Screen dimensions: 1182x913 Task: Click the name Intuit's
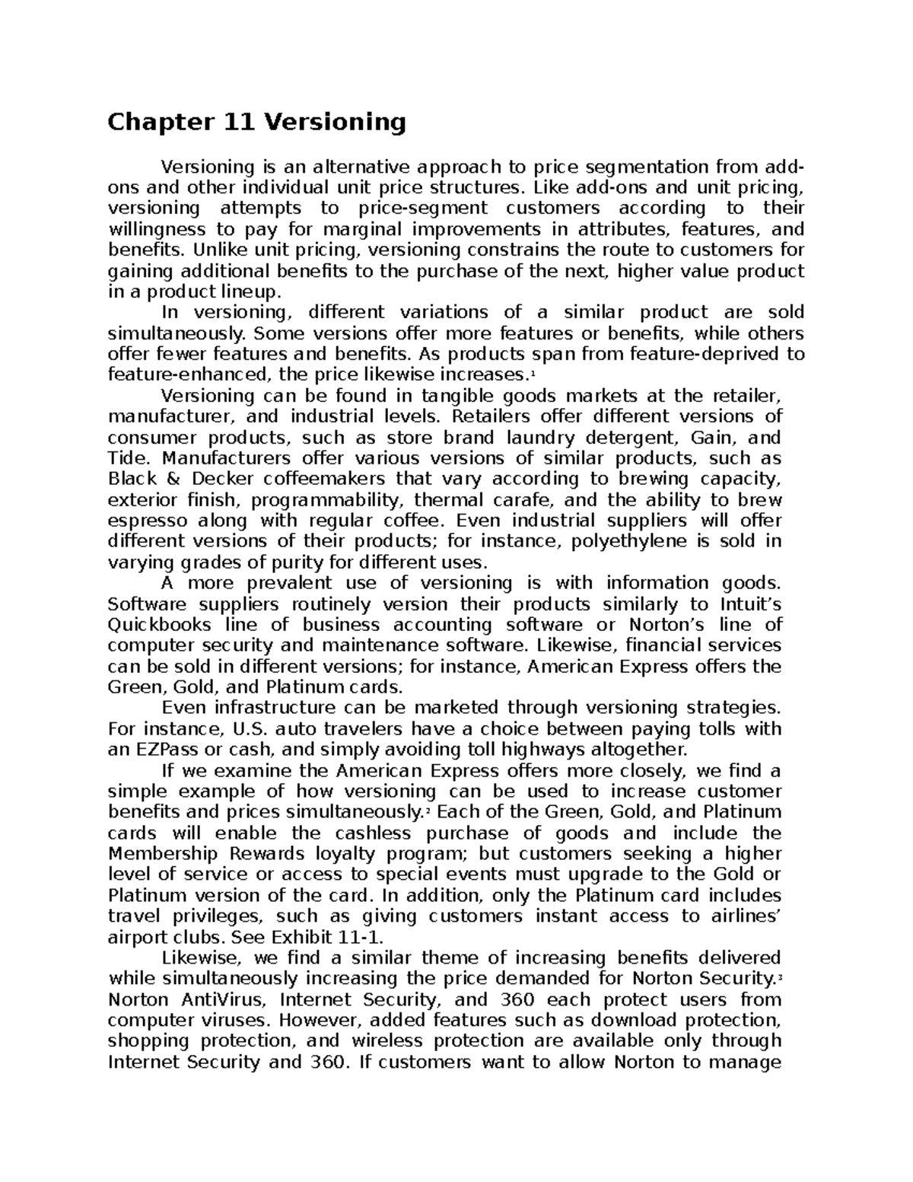(750, 604)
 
